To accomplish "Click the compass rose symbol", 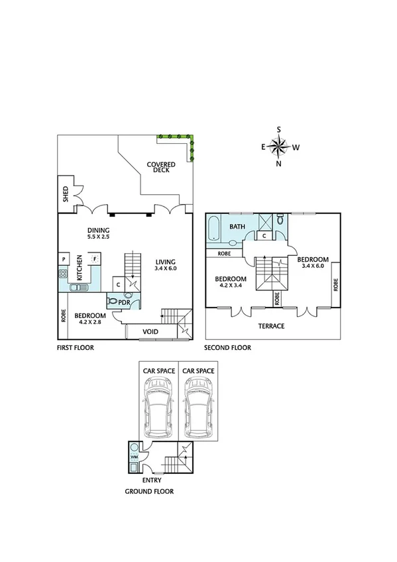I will [x=279, y=146].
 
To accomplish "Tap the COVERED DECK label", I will [x=161, y=167].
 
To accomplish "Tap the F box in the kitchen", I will [x=95, y=258].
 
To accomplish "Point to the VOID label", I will [x=150, y=331].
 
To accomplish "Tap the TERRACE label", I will [x=272, y=326].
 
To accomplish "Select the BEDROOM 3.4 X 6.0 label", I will [x=312, y=262].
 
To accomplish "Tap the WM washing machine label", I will [x=134, y=457].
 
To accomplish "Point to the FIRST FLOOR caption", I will [x=75, y=347].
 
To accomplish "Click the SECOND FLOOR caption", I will [x=227, y=347].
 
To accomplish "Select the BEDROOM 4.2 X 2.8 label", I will [x=90, y=319].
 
